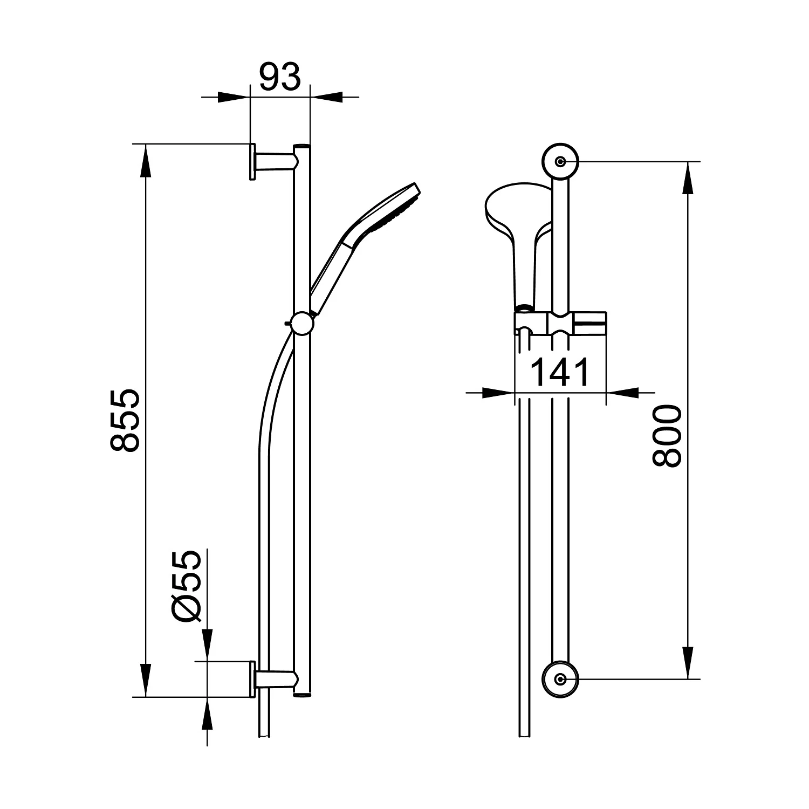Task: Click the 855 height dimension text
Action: (x=125, y=420)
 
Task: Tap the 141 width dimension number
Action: (x=560, y=372)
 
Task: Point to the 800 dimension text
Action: (x=667, y=437)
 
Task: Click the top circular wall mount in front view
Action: (x=560, y=162)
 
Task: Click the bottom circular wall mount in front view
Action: (x=560, y=679)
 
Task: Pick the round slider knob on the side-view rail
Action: (x=302, y=324)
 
